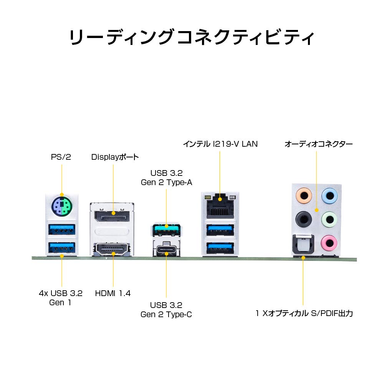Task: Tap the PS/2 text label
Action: [x=61, y=157]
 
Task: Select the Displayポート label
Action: [x=115, y=157]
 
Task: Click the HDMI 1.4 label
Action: [x=113, y=293]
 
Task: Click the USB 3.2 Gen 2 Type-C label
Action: [x=166, y=310]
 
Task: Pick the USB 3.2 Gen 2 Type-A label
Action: [x=166, y=177]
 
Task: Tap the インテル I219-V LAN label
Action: [x=220, y=144]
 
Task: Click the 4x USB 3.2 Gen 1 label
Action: [x=61, y=298]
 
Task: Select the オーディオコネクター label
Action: [x=318, y=144]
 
